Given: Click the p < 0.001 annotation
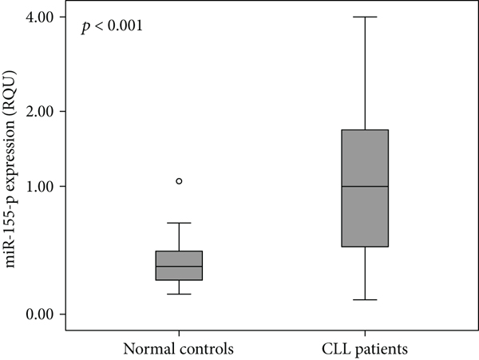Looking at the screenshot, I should (x=113, y=27).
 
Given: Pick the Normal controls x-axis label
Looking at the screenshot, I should (x=178, y=349).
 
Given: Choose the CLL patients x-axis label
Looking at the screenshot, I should (x=365, y=349).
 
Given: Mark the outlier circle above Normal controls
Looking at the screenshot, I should (x=179, y=181).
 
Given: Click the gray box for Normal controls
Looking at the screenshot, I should (x=179, y=266).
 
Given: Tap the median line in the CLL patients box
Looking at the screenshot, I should (x=365, y=186).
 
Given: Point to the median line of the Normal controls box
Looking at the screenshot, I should (x=179, y=267).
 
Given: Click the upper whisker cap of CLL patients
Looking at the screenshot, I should (x=365, y=16).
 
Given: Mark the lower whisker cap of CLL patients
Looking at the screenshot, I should (x=365, y=299).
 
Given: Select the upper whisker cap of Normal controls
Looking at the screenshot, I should (x=179, y=223).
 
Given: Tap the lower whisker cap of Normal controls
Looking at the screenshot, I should (x=179, y=294).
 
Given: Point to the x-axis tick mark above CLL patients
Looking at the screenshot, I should (x=365, y=333).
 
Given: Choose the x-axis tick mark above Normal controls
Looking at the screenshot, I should (x=179, y=333).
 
